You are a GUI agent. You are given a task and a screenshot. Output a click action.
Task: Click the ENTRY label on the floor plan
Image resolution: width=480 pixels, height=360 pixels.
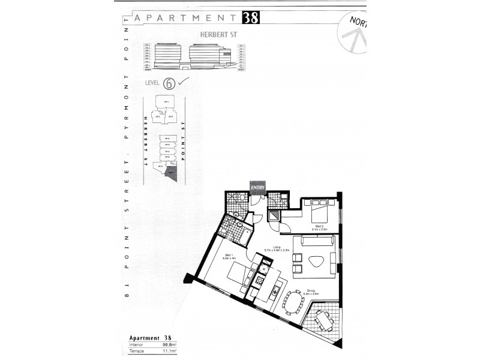click(258, 187)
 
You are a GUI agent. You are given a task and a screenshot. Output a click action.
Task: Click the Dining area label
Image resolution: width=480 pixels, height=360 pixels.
click(310, 292)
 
